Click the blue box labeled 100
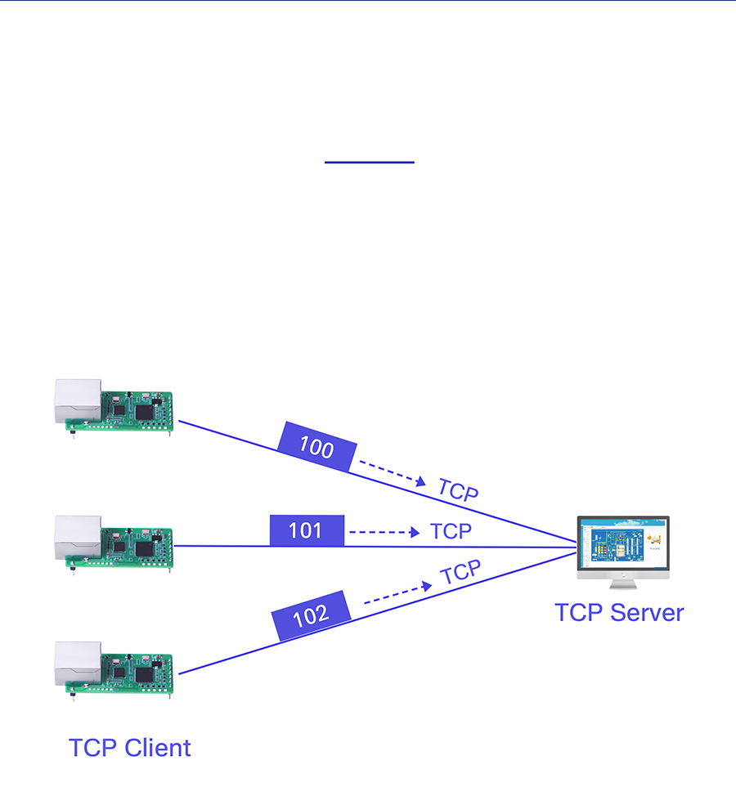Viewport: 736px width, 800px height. click(x=316, y=447)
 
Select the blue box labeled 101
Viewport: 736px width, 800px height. click(x=306, y=531)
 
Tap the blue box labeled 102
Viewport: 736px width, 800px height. click(x=311, y=615)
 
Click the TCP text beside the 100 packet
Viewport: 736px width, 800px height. click(x=458, y=489)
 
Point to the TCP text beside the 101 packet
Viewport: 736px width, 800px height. click(x=451, y=531)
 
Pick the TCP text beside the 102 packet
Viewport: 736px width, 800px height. click(x=461, y=573)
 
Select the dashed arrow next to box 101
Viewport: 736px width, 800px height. click(x=384, y=532)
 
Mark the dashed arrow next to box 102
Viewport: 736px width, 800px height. click(x=397, y=593)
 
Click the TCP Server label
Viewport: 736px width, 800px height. click(x=619, y=613)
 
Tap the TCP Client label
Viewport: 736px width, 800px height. click(x=130, y=748)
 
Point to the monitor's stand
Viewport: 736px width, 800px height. click(x=622, y=583)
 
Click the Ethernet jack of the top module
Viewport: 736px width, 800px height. click(x=78, y=400)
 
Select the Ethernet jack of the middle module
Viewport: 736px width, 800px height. click(x=78, y=536)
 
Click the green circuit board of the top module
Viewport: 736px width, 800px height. click(x=137, y=409)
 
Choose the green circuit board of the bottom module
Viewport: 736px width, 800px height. click(x=137, y=672)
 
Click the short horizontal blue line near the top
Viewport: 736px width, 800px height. click(x=370, y=163)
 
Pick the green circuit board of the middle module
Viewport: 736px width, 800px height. click(x=137, y=544)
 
